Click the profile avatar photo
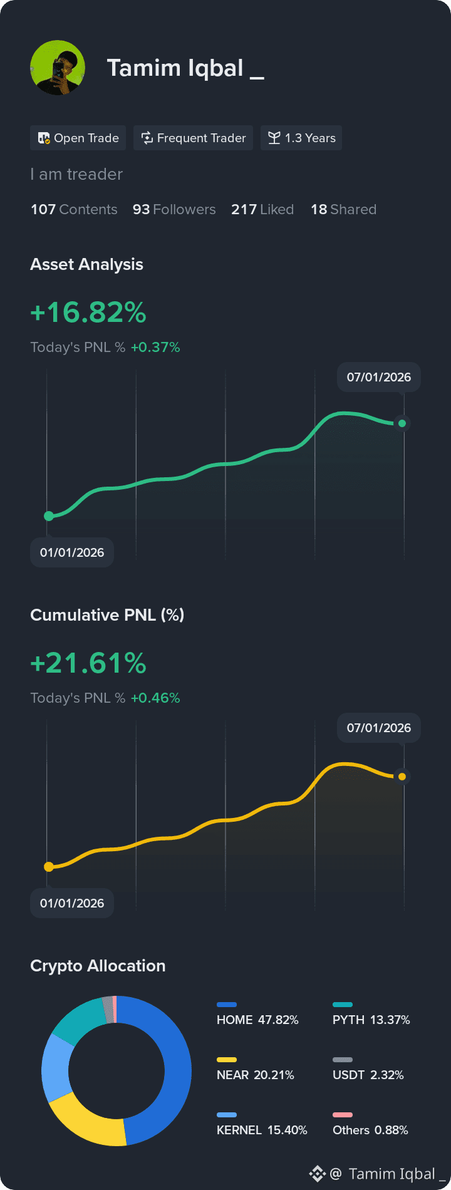[58, 68]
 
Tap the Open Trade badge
[78, 138]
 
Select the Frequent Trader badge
[193, 138]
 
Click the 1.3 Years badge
[301, 138]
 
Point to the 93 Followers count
[174, 209]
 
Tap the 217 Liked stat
[262, 209]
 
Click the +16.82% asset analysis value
[88, 313]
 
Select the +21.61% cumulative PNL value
[88, 663]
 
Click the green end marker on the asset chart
[402, 423]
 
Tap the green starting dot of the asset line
[49, 516]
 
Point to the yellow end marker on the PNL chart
[402, 777]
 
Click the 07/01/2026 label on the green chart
[379, 377]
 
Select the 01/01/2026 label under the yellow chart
[72, 903]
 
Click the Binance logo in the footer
[318, 1174]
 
